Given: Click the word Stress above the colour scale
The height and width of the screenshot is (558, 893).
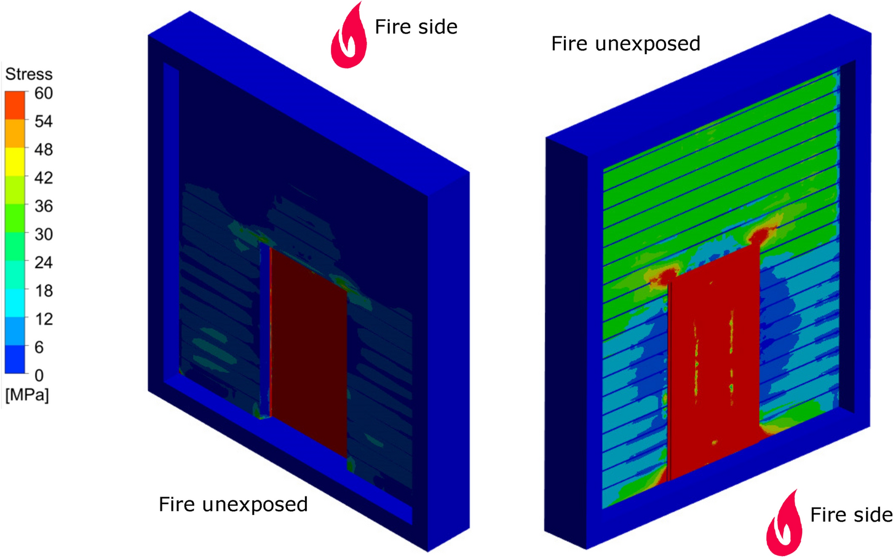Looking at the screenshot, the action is tap(29, 74).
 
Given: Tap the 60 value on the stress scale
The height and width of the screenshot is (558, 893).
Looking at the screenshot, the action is tap(43, 93).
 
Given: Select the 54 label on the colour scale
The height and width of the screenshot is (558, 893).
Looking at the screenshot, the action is tap(43, 122).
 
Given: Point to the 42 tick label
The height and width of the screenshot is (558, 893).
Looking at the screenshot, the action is tap(43, 178).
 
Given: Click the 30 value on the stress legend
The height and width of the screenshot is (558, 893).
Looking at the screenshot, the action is tap(43, 235).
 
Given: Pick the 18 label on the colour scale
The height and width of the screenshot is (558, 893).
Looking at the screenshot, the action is tap(43, 291).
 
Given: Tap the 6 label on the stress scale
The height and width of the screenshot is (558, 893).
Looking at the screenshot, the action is tap(39, 348).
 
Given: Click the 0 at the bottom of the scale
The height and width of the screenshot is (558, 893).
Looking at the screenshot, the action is tap(39, 375).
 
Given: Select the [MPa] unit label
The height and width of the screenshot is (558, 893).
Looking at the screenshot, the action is tap(27, 395).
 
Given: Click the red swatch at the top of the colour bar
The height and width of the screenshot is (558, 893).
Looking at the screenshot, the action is tap(15, 105).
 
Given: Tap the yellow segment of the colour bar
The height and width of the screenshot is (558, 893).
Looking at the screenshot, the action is tap(15, 162).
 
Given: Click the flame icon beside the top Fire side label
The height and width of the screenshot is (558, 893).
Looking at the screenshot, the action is tap(349, 36).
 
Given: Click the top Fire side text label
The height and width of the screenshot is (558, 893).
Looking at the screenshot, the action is tap(416, 27).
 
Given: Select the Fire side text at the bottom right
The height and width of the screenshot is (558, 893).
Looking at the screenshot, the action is tap(851, 515).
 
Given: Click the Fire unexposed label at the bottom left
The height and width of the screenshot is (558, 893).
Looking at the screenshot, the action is tap(233, 505).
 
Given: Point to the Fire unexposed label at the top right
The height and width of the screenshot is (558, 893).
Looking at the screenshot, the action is tap(625, 44).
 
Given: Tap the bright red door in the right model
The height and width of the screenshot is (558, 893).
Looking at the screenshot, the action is tap(713, 369).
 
